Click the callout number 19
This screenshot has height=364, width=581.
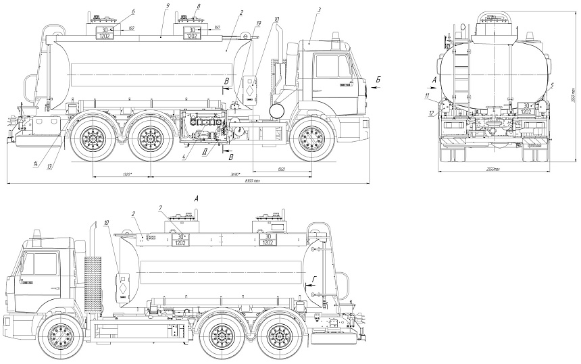click(258, 24)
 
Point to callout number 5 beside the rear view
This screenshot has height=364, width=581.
click(552, 85)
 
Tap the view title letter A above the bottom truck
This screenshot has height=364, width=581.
click(196, 199)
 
